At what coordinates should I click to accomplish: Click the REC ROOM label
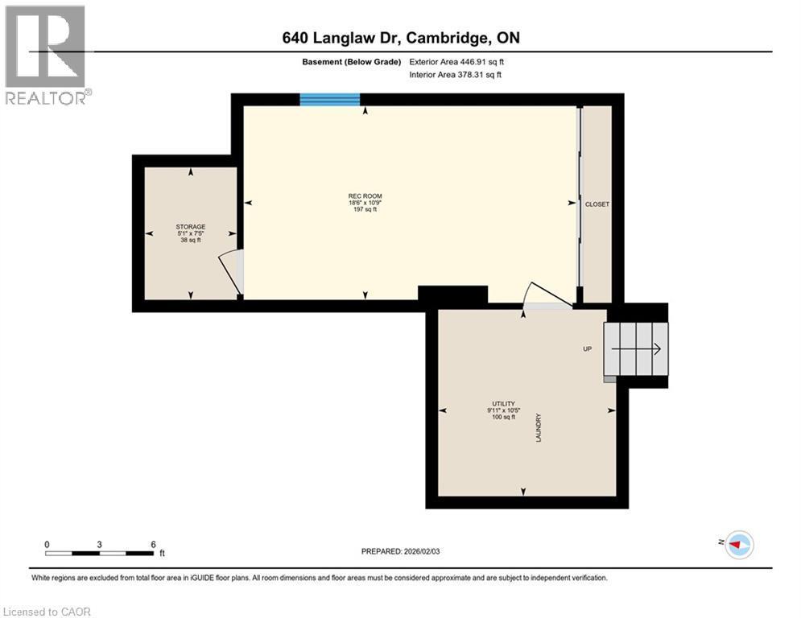coord(365,196)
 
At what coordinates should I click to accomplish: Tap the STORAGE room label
coord(191,227)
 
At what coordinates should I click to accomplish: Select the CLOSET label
coord(597,204)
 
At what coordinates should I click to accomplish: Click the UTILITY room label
coord(504,404)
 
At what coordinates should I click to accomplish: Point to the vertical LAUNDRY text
coord(538,427)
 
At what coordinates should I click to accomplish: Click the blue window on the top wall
coord(330,100)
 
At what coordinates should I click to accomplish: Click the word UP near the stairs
coord(588,349)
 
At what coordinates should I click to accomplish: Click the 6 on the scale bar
coord(153,544)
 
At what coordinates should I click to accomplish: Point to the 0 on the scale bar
coord(47,544)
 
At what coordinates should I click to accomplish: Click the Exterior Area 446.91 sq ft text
coord(456,61)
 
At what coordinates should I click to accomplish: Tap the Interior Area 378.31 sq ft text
coord(456,75)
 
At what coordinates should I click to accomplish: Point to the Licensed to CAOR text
coord(47,612)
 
